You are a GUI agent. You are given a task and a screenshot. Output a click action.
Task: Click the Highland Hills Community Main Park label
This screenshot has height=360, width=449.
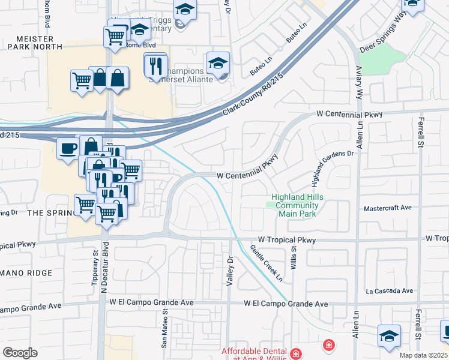295,205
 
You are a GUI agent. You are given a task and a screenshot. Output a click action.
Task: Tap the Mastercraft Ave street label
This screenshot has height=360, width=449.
388,208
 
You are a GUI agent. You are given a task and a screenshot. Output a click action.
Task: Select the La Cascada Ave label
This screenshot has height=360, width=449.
390,291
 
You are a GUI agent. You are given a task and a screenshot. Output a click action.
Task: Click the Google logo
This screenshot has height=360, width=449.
20,353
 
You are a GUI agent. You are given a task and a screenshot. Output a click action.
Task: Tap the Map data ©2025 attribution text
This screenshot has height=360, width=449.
424,355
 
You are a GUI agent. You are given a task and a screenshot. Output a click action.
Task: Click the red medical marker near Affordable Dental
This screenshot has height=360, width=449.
328,345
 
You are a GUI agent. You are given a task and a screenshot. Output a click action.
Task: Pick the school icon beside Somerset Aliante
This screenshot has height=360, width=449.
217,62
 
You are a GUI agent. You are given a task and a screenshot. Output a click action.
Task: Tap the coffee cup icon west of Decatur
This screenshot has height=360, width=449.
67,148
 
